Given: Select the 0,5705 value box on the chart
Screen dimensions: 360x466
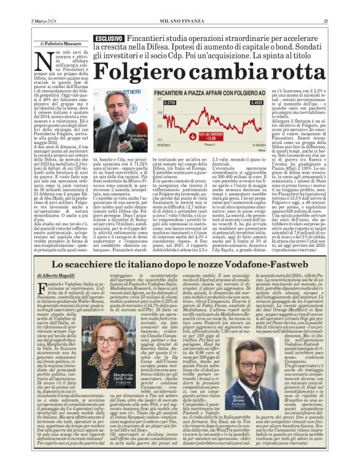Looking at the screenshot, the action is click(x=153, y=102).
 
